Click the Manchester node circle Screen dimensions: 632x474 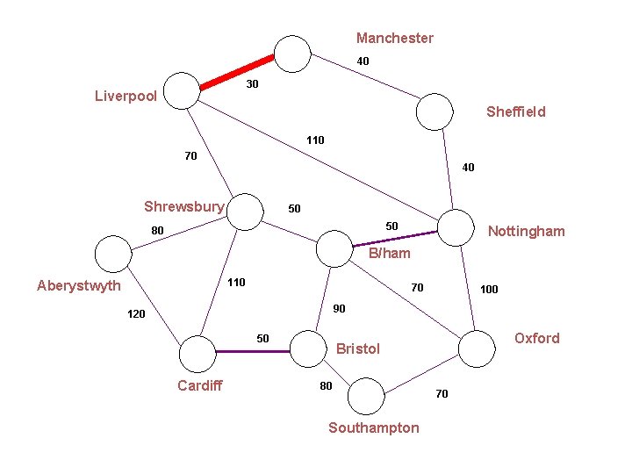293,54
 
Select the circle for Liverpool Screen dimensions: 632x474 183,90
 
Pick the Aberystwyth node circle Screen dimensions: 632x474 111,255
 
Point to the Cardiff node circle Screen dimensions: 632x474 197,355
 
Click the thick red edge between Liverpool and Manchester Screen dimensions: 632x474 238,73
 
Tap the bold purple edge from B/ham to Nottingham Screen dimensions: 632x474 394,238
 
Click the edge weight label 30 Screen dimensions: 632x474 252,84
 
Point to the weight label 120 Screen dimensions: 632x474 136,313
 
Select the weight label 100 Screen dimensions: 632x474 489,289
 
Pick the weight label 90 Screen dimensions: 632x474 340,308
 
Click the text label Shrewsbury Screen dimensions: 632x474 184,207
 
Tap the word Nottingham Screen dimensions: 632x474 527,231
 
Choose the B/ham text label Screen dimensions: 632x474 390,254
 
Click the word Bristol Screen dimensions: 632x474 358,348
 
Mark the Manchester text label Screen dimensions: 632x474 395,38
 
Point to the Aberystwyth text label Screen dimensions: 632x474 79,285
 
